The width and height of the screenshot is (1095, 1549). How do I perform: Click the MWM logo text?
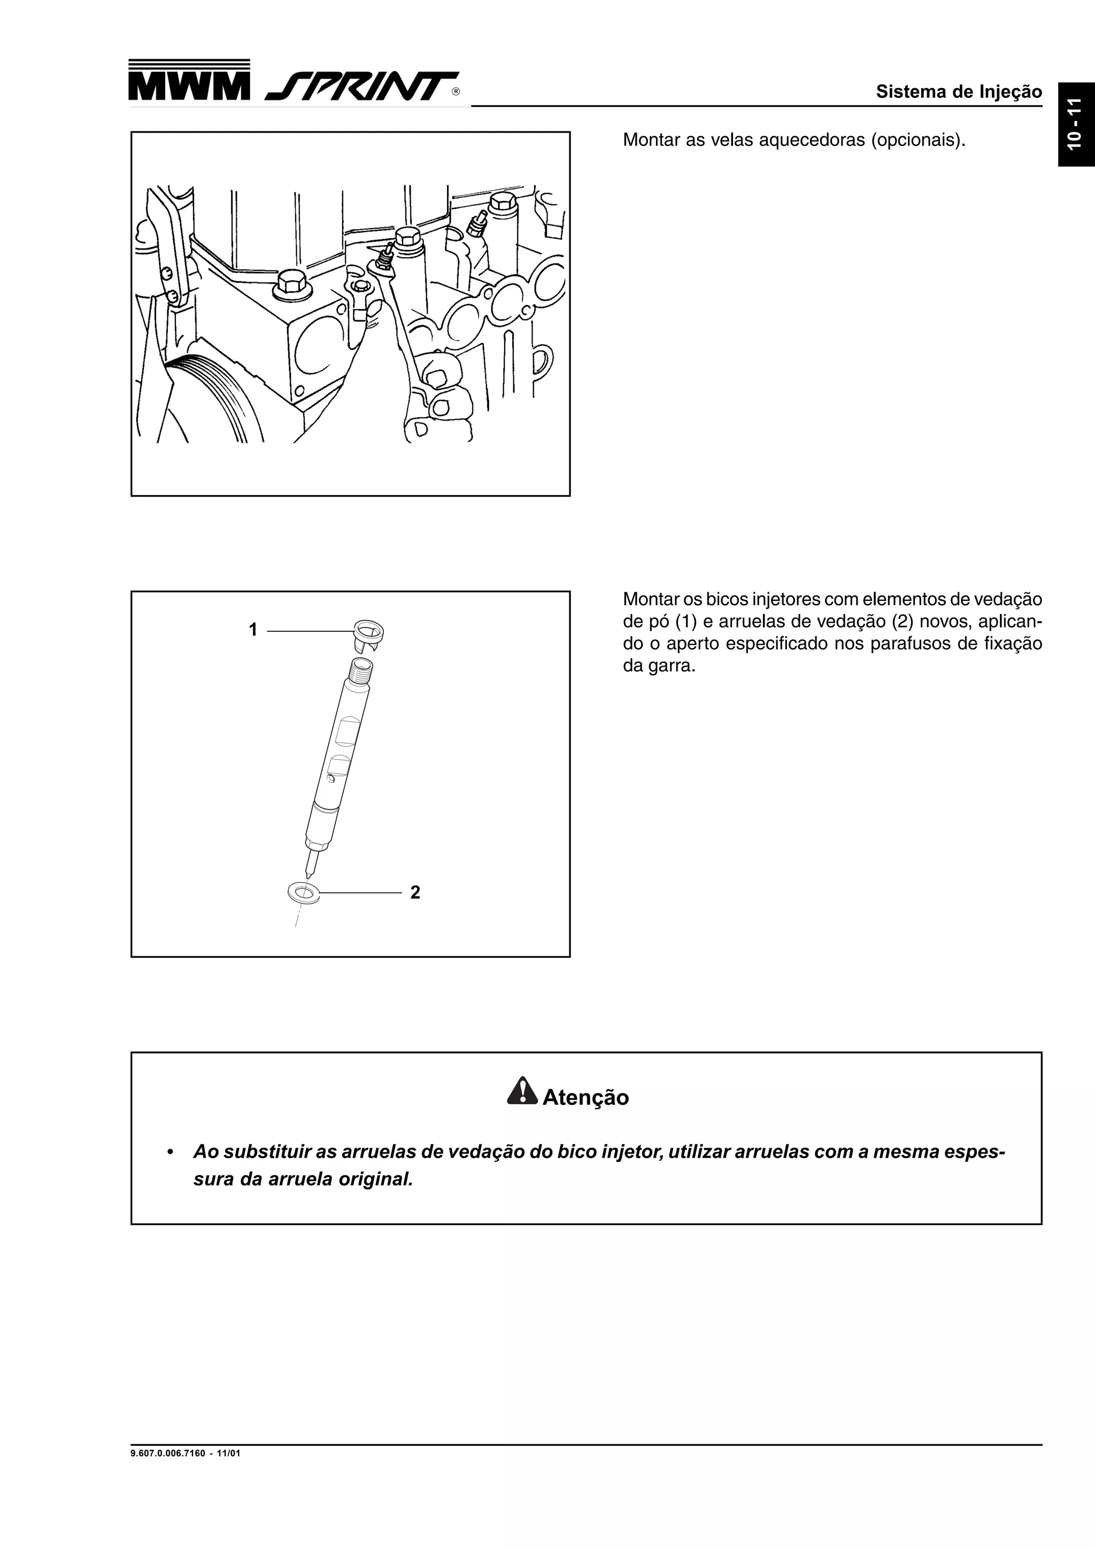click(x=189, y=87)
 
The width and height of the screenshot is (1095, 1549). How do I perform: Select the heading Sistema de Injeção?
click(x=958, y=92)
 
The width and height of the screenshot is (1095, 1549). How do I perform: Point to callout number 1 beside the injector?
click(x=253, y=630)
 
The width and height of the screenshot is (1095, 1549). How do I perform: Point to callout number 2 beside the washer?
click(x=415, y=893)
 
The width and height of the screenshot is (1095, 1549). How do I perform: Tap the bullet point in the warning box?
click(x=172, y=1152)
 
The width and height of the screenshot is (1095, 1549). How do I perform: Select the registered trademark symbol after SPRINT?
click(x=456, y=92)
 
